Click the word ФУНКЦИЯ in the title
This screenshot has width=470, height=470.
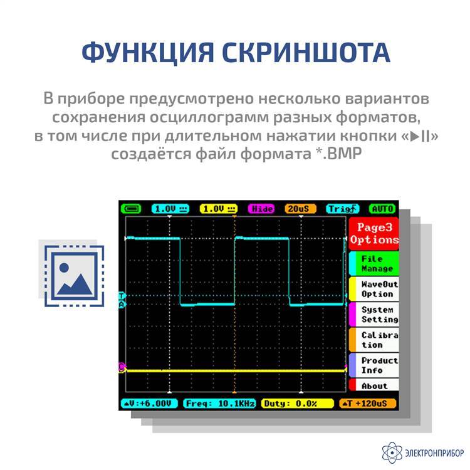click(x=148, y=53)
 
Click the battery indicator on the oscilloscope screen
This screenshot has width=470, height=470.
click(x=131, y=209)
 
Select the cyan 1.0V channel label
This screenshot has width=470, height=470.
click(x=170, y=209)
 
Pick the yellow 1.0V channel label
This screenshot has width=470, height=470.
click(x=219, y=209)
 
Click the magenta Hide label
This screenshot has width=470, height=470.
click(x=261, y=209)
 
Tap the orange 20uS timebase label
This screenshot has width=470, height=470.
click(x=300, y=209)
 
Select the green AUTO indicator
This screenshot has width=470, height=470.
click(x=382, y=209)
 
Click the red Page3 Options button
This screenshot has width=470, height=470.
click(x=373, y=234)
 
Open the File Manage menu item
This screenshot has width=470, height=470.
click(x=373, y=263)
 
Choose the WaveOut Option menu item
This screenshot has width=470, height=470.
click(x=373, y=289)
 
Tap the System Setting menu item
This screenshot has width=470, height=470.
click(x=373, y=315)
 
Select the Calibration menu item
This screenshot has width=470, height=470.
click(x=373, y=340)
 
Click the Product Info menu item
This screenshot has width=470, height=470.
click(x=373, y=365)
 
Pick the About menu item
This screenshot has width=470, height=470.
click(x=373, y=385)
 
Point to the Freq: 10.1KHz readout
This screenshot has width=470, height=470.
click(x=220, y=404)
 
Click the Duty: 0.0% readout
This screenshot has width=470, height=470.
click(x=297, y=404)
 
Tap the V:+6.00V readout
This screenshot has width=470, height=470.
click(x=149, y=404)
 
